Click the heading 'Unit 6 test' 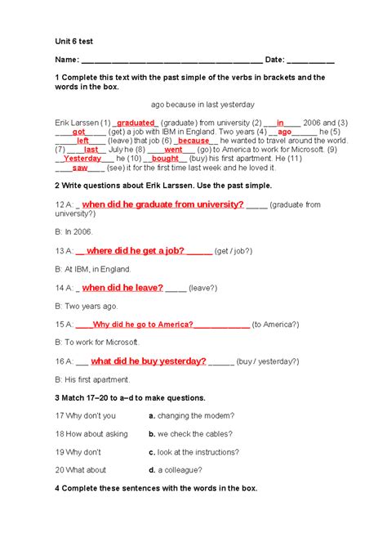(76, 39)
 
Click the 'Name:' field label (67, 60)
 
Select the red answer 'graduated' (135, 123)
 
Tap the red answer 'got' (79, 132)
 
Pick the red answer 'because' (193, 141)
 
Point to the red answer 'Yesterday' (82, 159)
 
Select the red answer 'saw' (80, 168)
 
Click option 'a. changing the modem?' (192, 415)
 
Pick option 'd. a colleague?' (179, 469)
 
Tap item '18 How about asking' (91, 433)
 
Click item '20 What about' (81, 469)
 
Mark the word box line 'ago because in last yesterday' (202, 105)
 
